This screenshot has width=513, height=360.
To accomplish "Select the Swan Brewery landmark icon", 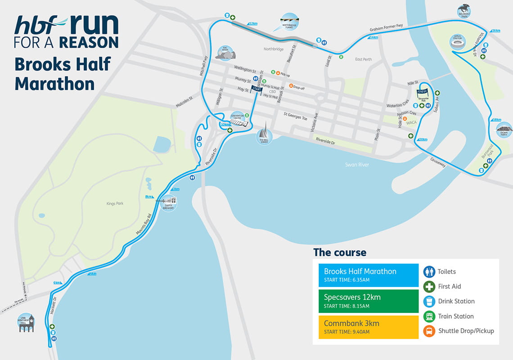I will click(x=170, y=202).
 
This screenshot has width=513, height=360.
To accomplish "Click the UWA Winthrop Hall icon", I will click(x=26, y=323).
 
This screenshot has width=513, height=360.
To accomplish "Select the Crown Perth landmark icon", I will click(x=504, y=130).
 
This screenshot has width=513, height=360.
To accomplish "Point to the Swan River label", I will click(x=357, y=165).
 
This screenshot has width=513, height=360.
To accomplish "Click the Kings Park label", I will click(x=115, y=203).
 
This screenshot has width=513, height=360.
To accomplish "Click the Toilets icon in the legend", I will click(x=429, y=271).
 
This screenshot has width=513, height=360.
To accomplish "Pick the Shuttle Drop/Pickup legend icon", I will click(x=429, y=331).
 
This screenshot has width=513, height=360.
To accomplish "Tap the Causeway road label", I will click(x=437, y=162).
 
